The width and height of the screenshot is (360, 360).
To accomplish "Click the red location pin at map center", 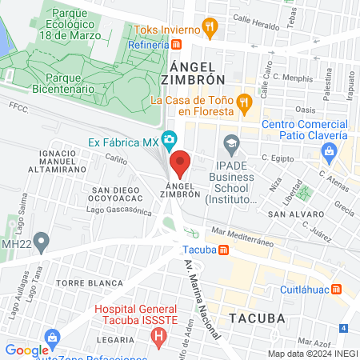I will click(x=180, y=163).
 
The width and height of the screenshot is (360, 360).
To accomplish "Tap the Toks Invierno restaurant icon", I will click(x=210, y=27).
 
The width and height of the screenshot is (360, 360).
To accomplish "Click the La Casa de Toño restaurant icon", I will click(x=245, y=102).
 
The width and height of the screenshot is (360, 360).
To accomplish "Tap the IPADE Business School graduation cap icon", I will click(x=231, y=144).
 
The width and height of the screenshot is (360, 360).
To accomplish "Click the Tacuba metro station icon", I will click(x=225, y=249).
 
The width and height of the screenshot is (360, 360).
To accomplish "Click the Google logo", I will click(x=26, y=350).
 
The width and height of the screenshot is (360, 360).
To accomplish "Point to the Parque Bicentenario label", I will click(x=60, y=83).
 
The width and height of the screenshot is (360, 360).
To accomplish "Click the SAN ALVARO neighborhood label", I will click(x=289, y=214).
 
